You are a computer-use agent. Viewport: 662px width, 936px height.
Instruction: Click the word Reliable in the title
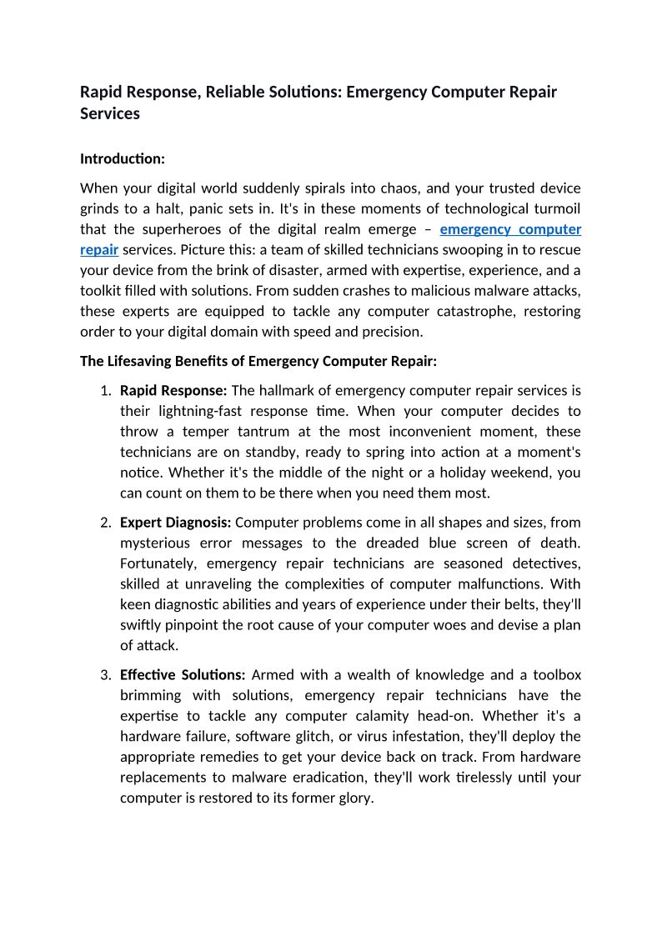(233, 92)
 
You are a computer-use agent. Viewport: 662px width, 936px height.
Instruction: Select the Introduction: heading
(123, 158)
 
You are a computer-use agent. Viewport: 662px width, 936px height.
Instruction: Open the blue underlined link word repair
(99, 249)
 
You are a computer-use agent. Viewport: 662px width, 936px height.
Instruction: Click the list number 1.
(105, 391)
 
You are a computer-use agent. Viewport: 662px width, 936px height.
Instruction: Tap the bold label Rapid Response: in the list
(173, 391)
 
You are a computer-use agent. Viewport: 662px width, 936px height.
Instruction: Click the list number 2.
(105, 523)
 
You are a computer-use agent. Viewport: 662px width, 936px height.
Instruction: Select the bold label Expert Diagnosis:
(176, 523)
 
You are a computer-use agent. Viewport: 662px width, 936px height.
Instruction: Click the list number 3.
(105, 675)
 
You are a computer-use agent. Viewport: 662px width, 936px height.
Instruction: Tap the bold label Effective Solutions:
(183, 675)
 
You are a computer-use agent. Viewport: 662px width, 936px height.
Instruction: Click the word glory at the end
(354, 798)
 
